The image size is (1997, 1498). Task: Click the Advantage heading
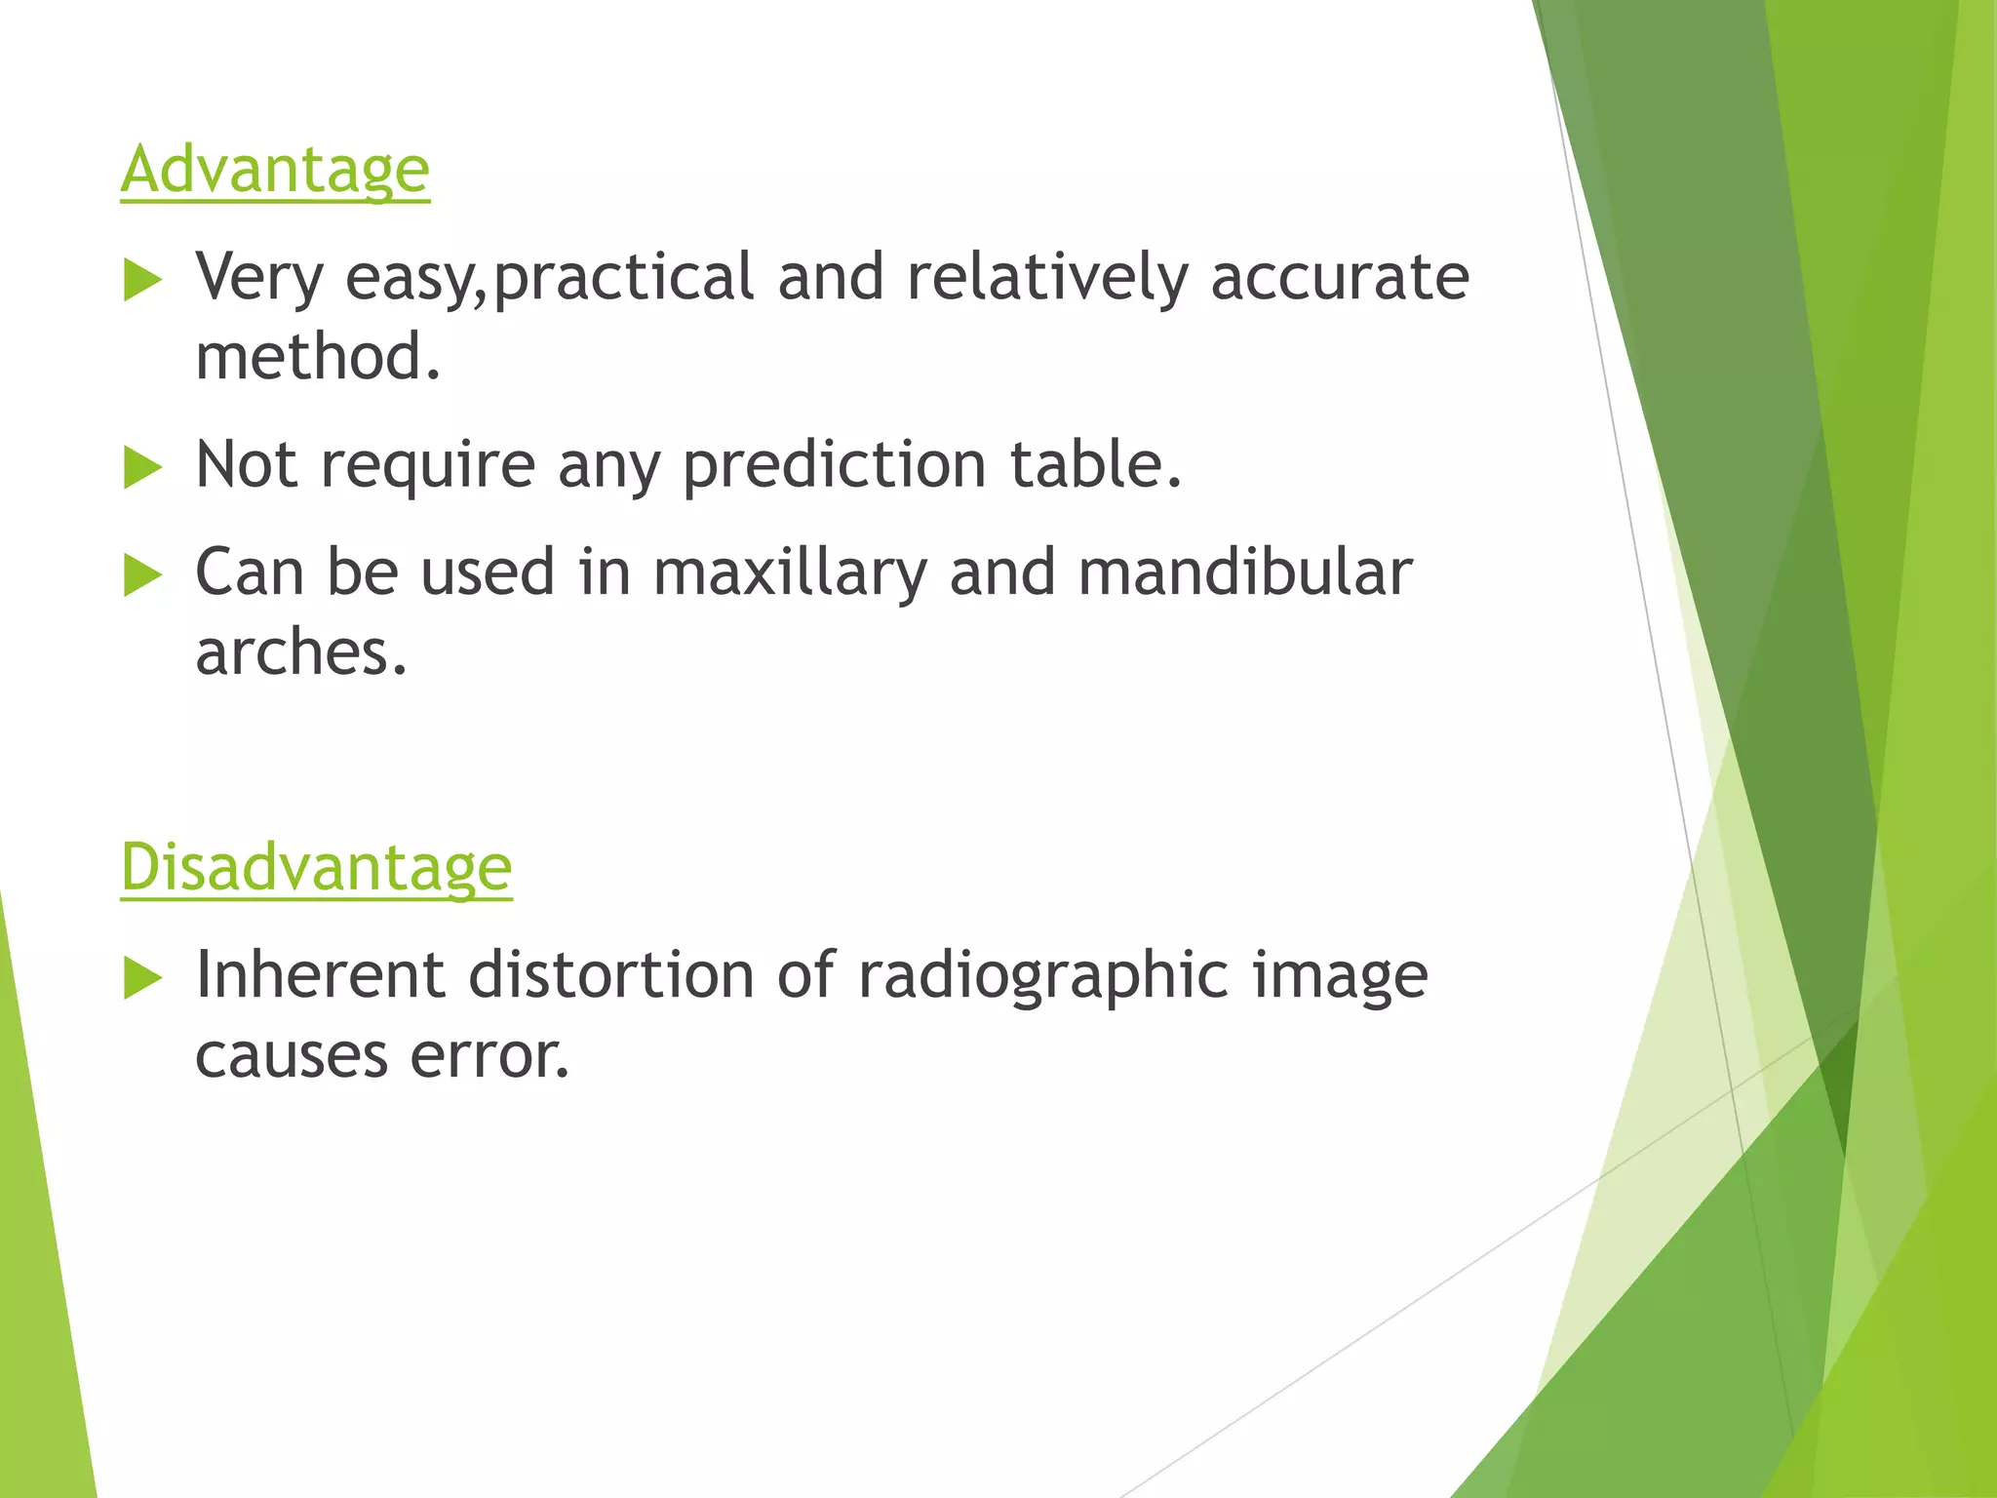(x=275, y=171)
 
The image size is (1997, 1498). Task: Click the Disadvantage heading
(x=316, y=867)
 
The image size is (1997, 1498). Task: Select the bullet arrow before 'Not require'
(x=143, y=469)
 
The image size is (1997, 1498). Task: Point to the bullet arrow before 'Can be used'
(x=143, y=576)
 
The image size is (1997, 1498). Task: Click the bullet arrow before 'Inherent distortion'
(x=143, y=979)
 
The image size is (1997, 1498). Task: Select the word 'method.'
(x=318, y=357)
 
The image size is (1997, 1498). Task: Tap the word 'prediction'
(x=834, y=465)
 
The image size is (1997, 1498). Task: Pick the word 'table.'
(x=1096, y=464)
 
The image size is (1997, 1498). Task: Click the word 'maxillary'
(x=789, y=573)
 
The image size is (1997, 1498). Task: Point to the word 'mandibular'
(x=1245, y=572)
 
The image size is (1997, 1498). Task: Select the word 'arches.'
(x=300, y=652)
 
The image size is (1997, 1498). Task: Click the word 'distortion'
(x=611, y=974)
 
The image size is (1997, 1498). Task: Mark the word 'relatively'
(x=1047, y=278)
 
